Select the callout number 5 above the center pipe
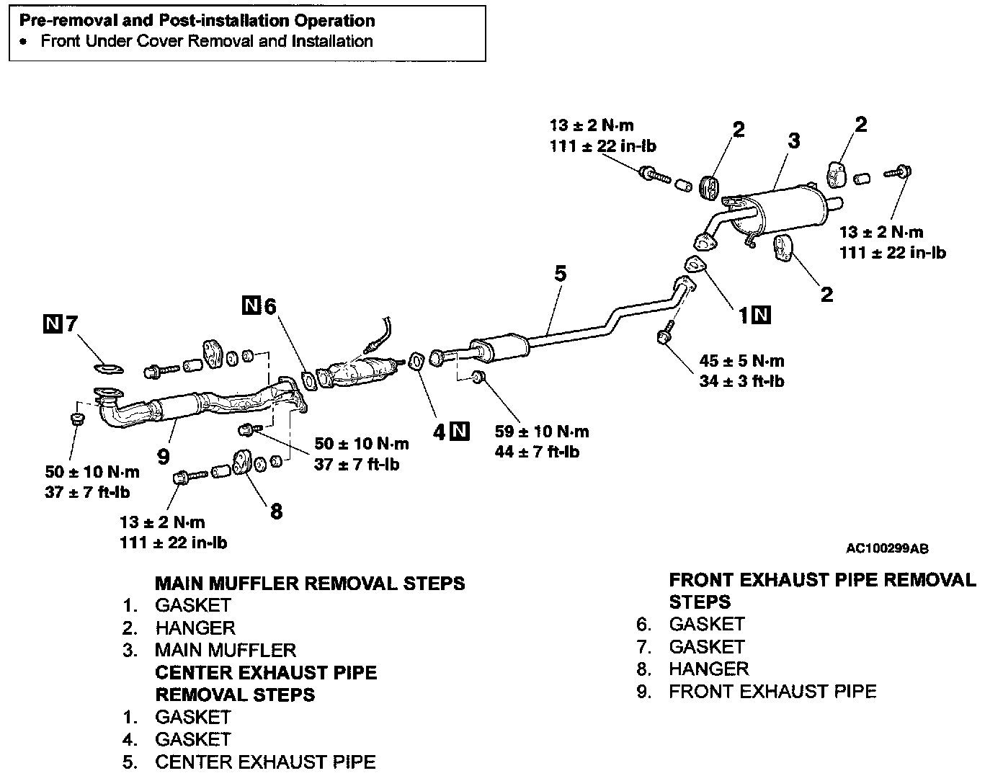click(x=560, y=274)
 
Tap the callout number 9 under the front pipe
click(x=164, y=455)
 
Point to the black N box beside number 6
click(x=251, y=305)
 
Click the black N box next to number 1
click(x=762, y=314)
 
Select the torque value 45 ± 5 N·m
click(x=741, y=361)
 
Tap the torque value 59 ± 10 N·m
click(x=541, y=432)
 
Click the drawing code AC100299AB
click(x=887, y=549)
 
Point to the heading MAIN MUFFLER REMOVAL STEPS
click(x=310, y=583)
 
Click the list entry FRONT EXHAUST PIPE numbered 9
click(x=772, y=692)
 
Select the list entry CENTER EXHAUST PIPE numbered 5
click(x=265, y=762)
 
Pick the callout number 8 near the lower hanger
click(x=276, y=512)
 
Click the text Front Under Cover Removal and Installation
click(x=207, y=41)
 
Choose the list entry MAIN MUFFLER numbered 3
click(x=225, y=650)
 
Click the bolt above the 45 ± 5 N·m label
click(x=664, y=336)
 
